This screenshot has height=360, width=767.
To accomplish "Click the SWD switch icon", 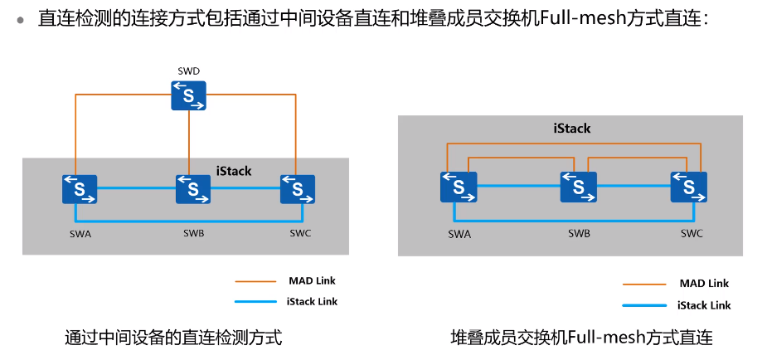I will pyautogui.click(x=189, y=95).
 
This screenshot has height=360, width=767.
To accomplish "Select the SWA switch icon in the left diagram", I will pyautogui.click(x=80, y=189).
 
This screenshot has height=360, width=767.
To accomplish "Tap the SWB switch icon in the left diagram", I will pyautogui.click(x=193, y=189).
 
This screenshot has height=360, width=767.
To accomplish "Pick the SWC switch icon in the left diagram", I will pyautogui.click(x=297, y=189).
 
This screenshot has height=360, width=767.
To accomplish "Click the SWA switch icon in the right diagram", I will pyautogui.click(x=459, y=187).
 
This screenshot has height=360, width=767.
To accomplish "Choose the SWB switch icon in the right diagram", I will pyautogui.click(x=578, y=187).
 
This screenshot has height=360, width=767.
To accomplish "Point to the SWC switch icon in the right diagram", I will pyautogui.click(x=689, y=187).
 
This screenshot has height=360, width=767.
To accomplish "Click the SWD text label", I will pyautogui.click(x=189, y=71).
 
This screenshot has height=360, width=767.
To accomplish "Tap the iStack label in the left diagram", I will pyautogui.click(x=233, y=171).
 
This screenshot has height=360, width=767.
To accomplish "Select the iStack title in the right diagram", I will pyautogui.click(x=571, y=129).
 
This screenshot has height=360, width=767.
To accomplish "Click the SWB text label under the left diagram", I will pyautogui.click(x=193, y=233).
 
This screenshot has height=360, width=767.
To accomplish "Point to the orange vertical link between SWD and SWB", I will pyautogui.click(x=190, y=141).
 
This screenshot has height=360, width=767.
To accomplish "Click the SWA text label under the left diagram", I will pyautogui.click(x=80, y=234).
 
